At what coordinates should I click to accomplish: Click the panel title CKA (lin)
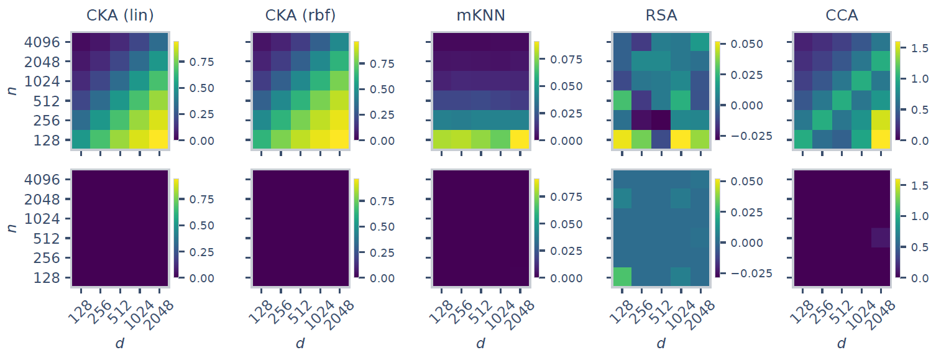120,16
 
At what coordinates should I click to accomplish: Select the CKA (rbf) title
300,16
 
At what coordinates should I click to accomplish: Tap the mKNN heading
480,16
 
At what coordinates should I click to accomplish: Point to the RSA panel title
661,16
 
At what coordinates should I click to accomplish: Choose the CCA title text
842,16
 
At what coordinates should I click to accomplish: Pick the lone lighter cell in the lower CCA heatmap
879,238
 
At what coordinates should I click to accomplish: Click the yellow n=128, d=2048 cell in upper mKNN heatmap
519,140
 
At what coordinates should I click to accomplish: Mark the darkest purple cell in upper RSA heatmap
661,120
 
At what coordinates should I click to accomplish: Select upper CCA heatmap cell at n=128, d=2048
879,140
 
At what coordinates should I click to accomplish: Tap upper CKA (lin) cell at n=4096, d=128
81,42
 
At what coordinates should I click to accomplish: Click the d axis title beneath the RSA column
661,343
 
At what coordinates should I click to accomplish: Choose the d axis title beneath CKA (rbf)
300,343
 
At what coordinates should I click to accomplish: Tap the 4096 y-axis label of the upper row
42,42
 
